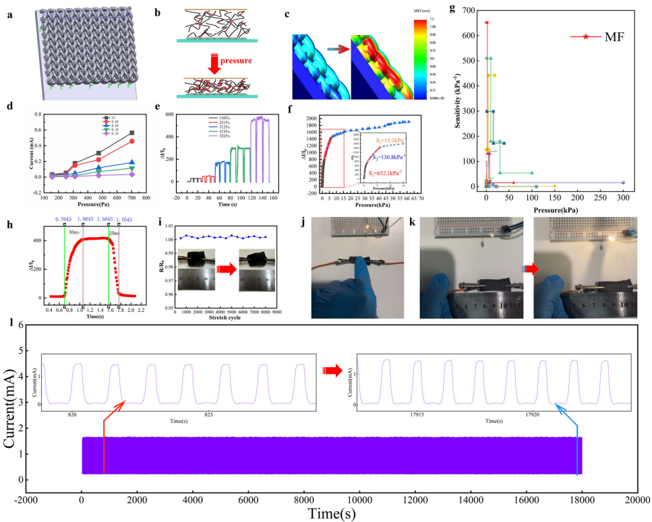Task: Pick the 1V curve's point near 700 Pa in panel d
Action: pyautogui.click(x=131, y=133)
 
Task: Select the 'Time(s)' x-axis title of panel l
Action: pyautogui.click(x=328, y=513)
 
